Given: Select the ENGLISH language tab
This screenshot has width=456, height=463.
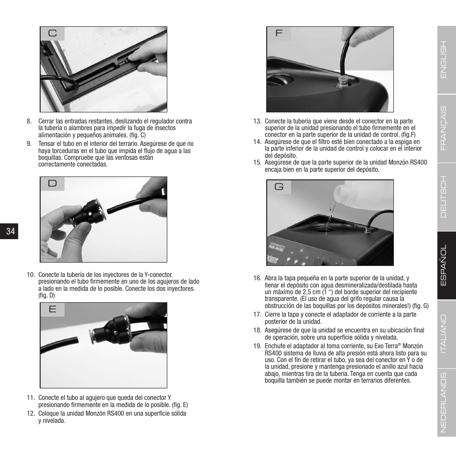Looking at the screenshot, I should click(443, 59).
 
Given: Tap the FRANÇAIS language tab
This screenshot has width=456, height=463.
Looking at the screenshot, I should click(443, 128).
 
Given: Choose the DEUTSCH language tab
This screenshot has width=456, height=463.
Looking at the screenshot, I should click(443, 197).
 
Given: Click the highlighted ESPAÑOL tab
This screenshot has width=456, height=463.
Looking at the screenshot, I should click(443, 266).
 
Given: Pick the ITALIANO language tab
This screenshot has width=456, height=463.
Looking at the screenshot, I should click(443, 334).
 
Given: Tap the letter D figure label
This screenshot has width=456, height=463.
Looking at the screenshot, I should click(52, 184).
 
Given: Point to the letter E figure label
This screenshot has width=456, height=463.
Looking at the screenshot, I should click(52, 309).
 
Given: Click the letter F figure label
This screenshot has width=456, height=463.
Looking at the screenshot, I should click(279, 33).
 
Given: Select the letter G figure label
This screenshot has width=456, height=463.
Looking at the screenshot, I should click(279, 187).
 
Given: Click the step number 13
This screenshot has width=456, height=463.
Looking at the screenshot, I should click(257, 121).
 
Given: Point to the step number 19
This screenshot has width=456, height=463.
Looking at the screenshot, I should click(257, 346).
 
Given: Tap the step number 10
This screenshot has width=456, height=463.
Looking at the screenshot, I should click(31, 275).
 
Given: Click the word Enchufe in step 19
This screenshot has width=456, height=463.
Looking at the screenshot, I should click(275, 346).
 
